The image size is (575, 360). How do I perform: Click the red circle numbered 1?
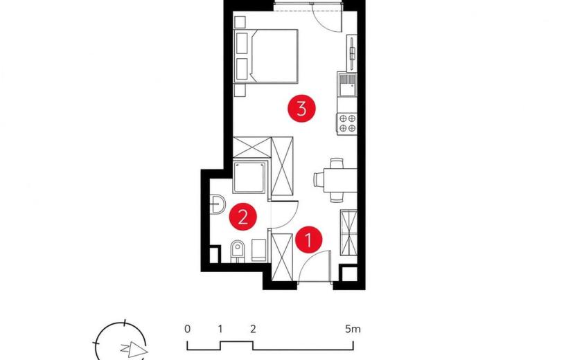pyautogui.click(x=309, y=240)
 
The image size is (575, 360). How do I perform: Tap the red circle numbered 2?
pyautogui.click(x=242, y=217)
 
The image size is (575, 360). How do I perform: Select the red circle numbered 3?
pyautogui.click(x=301, y=108)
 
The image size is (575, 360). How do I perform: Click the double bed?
pyautogui.click(x=266, y=56)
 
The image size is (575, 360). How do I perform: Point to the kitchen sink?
pyautogui.click(x=347, y=84)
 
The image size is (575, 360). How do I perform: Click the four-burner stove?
pyautogui.click(x=347, y=123)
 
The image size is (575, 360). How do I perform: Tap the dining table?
pyautogui.click(x=340, y=180)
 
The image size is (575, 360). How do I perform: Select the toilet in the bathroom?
pyautogui.click(x=238, y=251)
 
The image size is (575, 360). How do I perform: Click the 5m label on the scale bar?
pyautogui.click(x=353, y=329)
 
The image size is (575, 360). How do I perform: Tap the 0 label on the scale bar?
pyautogui.click(x=187, y=329)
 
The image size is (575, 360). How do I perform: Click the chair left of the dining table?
pyautogui.click(x=318, y=180)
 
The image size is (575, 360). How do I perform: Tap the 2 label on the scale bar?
pyautogui.click(x=253, y=329)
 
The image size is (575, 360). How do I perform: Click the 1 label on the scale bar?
pyautogui.click(x=220, y=329)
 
